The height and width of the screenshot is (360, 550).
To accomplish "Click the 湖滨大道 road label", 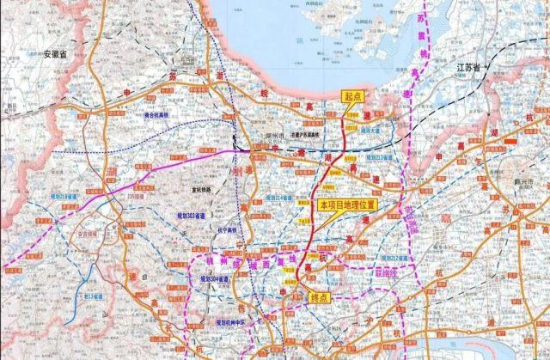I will point(374,131).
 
